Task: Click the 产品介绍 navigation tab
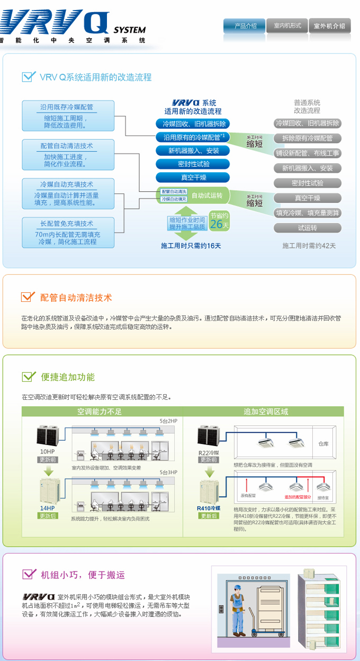coord(244,25)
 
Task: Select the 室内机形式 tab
coord(287,25)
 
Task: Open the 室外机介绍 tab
coord(329,25)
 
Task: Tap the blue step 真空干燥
coord(193,177)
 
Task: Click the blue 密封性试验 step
coord(193,164)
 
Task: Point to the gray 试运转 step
coord(308,228)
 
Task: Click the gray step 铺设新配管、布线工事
coord(308,153)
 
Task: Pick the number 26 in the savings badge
coord(216,224)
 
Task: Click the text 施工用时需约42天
coord(309,246)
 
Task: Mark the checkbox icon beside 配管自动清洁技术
coord(28,297)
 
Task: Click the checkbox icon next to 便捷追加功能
coord(28,377)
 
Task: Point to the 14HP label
coord(47,508)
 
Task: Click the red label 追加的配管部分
coord(299,497)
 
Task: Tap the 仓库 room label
coord(323,444)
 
